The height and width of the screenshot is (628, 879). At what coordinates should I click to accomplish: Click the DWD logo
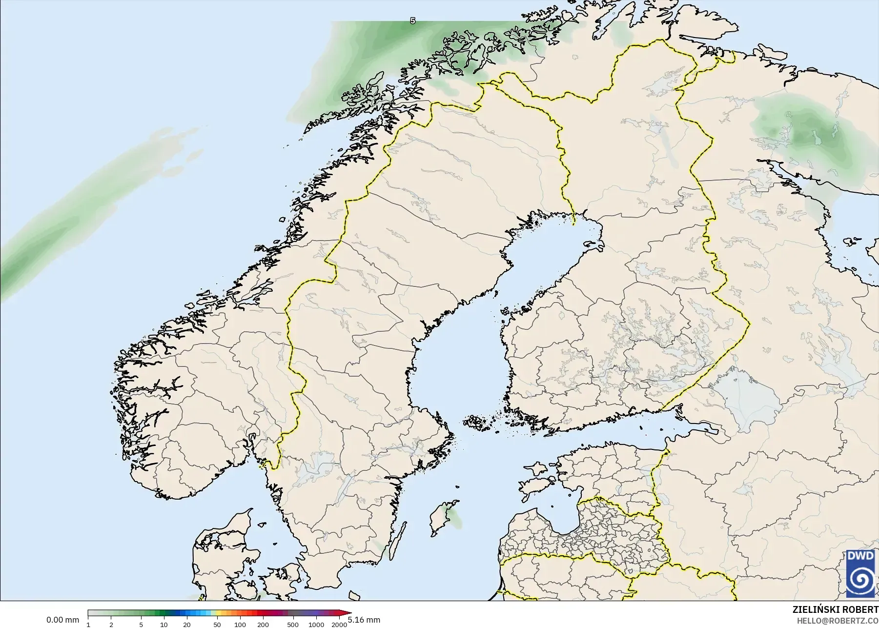click(862, 573)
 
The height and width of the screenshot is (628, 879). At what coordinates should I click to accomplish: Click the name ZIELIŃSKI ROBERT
click(835, 609)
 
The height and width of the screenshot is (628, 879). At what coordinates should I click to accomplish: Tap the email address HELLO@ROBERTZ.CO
click(838, 621)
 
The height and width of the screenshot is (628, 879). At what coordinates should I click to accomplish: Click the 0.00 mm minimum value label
click(62, 620)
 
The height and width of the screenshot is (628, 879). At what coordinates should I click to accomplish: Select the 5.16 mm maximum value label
click(364, 620)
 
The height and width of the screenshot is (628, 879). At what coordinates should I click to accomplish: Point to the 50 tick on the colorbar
click(217, 625)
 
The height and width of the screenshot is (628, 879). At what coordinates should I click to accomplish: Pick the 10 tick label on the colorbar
click(164, 625)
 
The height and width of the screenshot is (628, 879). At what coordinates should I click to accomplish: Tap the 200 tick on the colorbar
click(263, 625)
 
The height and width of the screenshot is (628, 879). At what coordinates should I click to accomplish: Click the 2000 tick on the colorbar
click(339, 625)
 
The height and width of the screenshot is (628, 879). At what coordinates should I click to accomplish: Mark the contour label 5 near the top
click(413, 21)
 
